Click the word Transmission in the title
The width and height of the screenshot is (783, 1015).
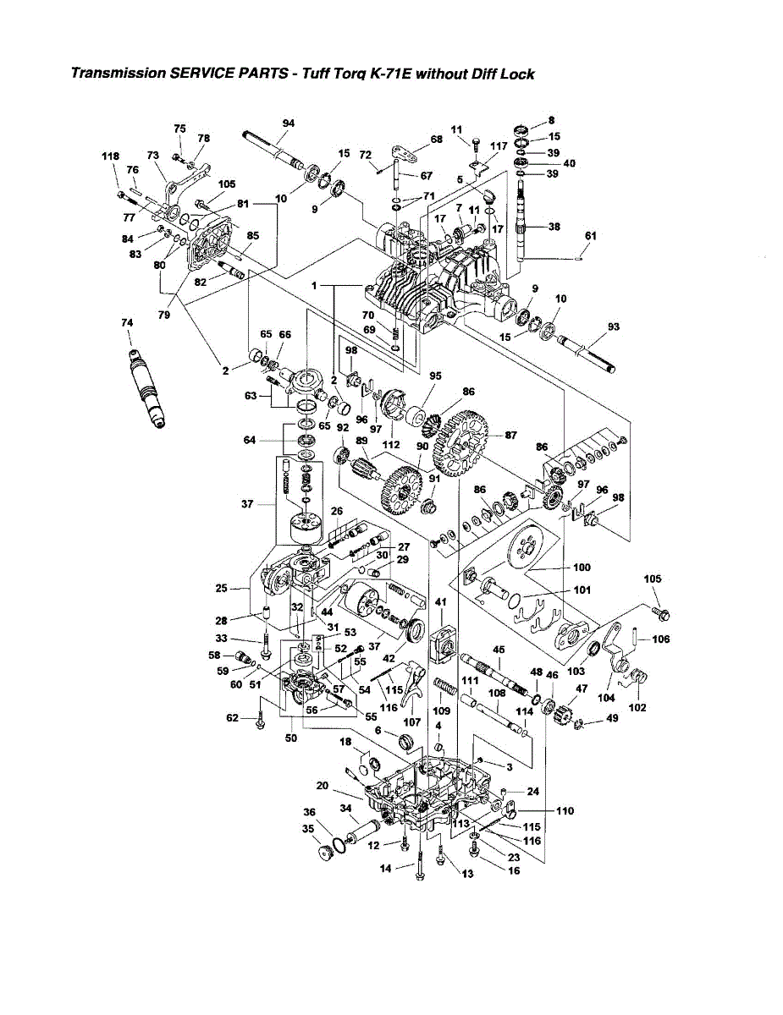119,74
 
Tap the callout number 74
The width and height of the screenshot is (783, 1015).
127,322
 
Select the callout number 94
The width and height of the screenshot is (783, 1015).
288,123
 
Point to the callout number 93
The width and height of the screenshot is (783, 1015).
614,326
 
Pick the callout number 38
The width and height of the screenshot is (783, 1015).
554,227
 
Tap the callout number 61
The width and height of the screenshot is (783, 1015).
590,235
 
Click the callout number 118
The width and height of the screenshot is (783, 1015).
110,156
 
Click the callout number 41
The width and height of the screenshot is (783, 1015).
440,601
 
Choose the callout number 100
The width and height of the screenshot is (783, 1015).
582,568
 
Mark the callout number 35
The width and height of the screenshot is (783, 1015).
309,829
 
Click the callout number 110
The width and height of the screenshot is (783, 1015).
565,810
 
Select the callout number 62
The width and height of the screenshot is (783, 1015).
232,718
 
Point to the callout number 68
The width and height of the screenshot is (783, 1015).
436,140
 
